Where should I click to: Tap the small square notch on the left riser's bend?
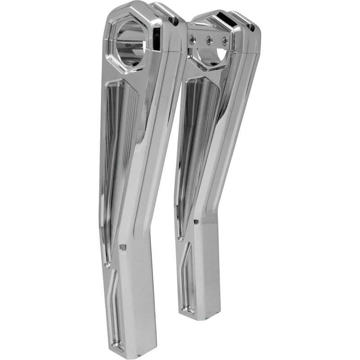[x=121, y=247]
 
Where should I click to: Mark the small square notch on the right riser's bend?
[x=197, y=222]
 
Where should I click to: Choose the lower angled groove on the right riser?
[x=185, y=279]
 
